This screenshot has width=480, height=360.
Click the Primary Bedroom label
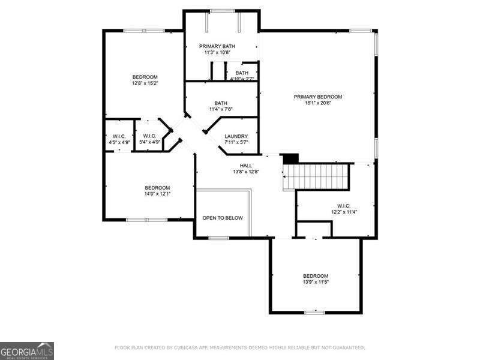[x=317, y=97]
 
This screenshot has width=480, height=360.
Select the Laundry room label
[x=236, y=136]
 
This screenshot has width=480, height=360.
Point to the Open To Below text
[x=223, y=218]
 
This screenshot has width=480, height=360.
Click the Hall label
[x=246, y=166]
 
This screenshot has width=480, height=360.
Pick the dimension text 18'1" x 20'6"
[x=317, y=103]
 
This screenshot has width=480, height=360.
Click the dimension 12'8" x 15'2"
[x=145, y=83]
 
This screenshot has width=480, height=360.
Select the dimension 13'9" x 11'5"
[x=316, y=282]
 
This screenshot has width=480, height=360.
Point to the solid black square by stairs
[x=290, y=158]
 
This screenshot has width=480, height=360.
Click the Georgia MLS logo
[x=27, y=350]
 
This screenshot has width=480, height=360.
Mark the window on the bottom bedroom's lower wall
[x=314, y=312]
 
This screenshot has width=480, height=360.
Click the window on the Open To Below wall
[x=218, y=238]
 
